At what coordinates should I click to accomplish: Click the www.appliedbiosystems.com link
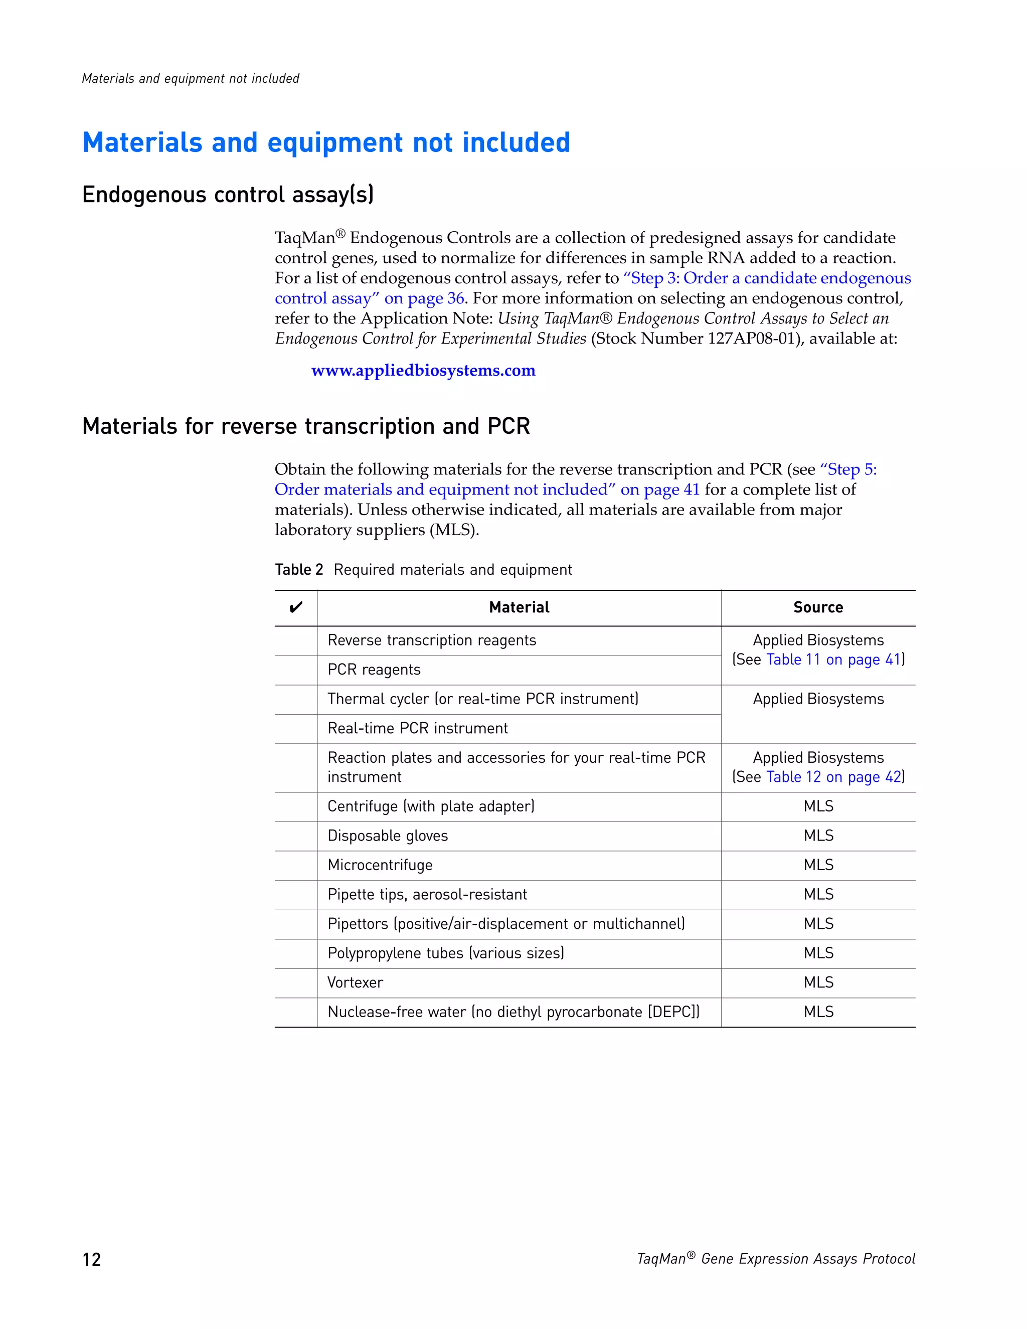click(423, 371)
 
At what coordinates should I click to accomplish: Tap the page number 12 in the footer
click(91, 1259)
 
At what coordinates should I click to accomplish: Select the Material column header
click(519, 607)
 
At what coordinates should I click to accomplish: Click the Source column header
click(818, 607)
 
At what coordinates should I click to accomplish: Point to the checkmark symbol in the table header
click(296, 607)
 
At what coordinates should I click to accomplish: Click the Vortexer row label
click(356, 982)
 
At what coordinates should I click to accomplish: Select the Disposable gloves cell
click(388, 836)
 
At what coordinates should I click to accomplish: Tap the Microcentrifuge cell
click(380, 865)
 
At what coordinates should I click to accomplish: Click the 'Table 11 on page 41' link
click(833, 659)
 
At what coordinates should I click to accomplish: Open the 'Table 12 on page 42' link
click(833, 777)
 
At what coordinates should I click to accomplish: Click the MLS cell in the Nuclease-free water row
click(818, 1012)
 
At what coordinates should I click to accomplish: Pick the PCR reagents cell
click(374, 670)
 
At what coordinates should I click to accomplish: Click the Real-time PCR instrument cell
click(417, 728)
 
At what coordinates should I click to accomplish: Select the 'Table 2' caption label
click(299, 570)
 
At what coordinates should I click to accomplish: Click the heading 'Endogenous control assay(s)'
click(228, 195)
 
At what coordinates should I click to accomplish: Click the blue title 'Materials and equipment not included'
click(326, 142)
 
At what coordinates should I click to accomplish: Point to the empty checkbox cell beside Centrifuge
click(296, 806)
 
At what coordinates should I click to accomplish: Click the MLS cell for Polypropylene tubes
click(818, 953)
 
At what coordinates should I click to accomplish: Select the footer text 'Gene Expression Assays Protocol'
click(807, 1259)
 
